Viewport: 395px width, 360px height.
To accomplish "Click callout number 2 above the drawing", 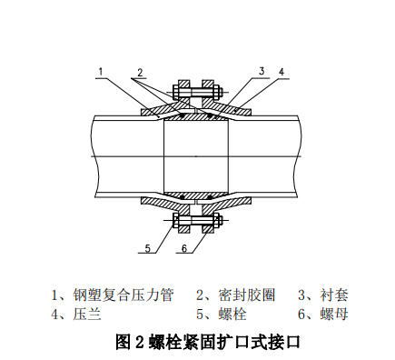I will pyautogui.click(x=140, y=72).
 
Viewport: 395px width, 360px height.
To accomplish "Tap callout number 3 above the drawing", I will pyautogui.click(x=261, y=71).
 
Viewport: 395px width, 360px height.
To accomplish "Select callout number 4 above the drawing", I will pyautogui.click(x=282, y=71).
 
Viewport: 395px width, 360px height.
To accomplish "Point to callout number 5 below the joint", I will pyautogui.click(x=145, y=247).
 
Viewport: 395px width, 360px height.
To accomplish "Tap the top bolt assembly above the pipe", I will pyautogui.click(x=197, y=93).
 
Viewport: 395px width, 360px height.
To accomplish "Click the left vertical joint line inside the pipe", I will pyautogui.click(x=163, y=155).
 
